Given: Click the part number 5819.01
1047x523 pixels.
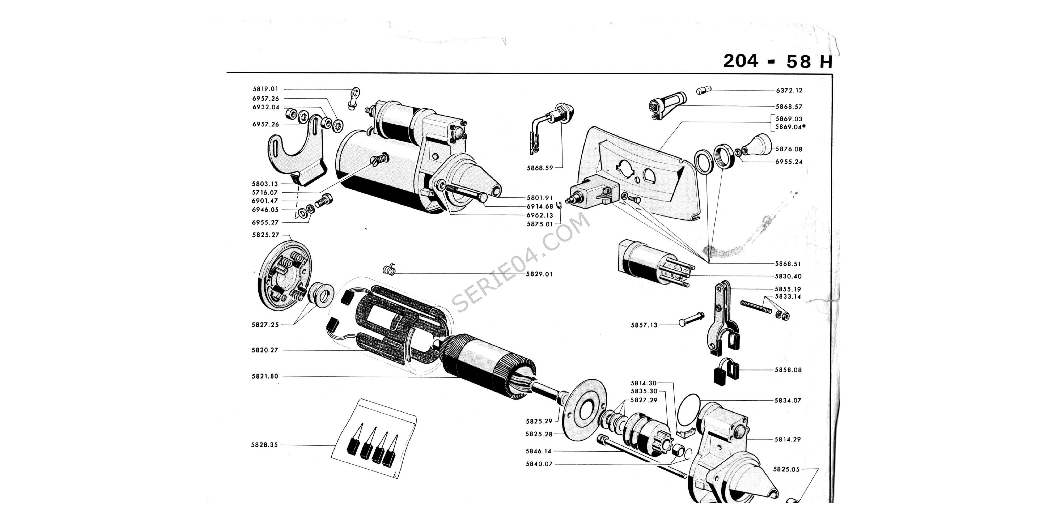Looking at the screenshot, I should (265, 89).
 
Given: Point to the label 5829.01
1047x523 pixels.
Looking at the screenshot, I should (539, 274).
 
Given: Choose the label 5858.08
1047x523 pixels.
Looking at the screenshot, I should (788, 370).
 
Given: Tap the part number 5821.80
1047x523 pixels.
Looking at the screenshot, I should (265, 376).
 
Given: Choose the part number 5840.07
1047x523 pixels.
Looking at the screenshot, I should (539, 464).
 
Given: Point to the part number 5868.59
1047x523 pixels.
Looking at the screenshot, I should (540, 168).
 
